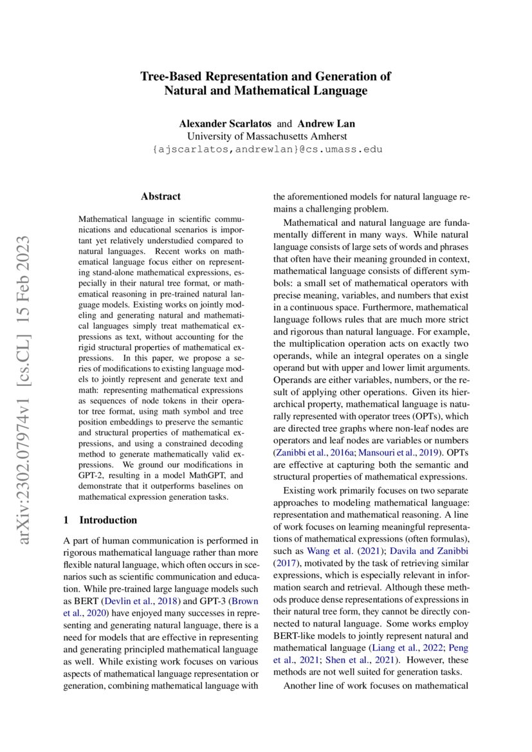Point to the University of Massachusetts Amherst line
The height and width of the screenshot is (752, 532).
pyautogui.click(x=266, y=136)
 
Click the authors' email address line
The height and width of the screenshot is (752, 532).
pyautogui.click(x=266, y=149)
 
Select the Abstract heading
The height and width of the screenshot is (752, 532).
pyautogui.click(x=161, y=196)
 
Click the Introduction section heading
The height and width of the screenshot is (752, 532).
pyautogui.click(x=107, y=520)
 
